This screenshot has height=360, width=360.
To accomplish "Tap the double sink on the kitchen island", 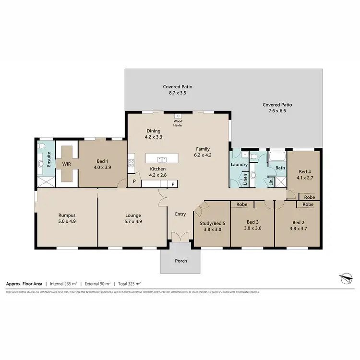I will [x=162, y=158].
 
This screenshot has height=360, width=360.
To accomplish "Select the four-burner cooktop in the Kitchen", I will [x=130, y=163].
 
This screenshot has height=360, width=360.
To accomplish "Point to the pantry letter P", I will [x=134, y=182].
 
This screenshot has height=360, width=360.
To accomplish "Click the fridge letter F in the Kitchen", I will [x=173, y=183].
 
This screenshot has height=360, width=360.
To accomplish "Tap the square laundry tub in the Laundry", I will [x=244, y=155].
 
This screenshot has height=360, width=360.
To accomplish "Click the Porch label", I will [x=180, y=261].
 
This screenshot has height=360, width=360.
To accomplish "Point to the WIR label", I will [x=67, y=163].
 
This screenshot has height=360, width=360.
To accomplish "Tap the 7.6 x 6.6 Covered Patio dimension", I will [x=277, y=111].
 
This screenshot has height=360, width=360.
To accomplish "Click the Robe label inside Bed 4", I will [x=310, y=197].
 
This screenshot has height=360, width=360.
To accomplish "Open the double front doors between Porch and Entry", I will [x=180, y=237].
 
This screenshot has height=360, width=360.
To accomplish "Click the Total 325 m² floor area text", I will [x=127, y=284].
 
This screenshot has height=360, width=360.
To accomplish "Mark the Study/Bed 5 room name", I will [x=212, y=222].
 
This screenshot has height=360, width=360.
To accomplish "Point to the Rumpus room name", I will [x=67, y=215].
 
